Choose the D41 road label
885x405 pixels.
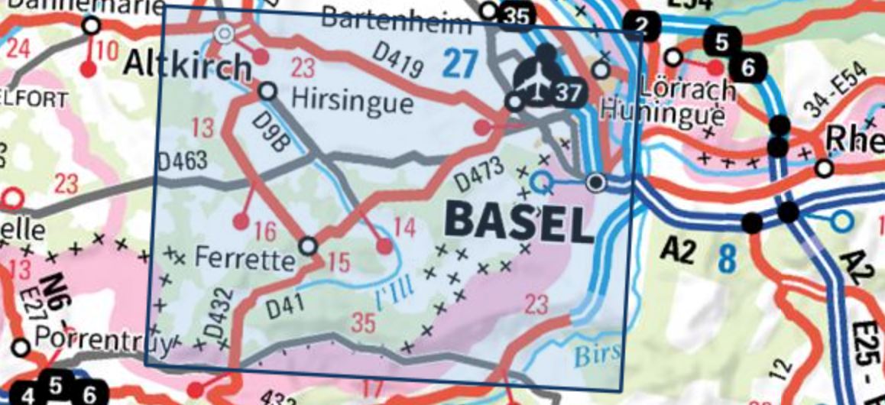click(x=287, y=306)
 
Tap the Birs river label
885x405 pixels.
click(x=591, y=356)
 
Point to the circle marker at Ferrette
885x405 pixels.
click(x=308, y=246)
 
